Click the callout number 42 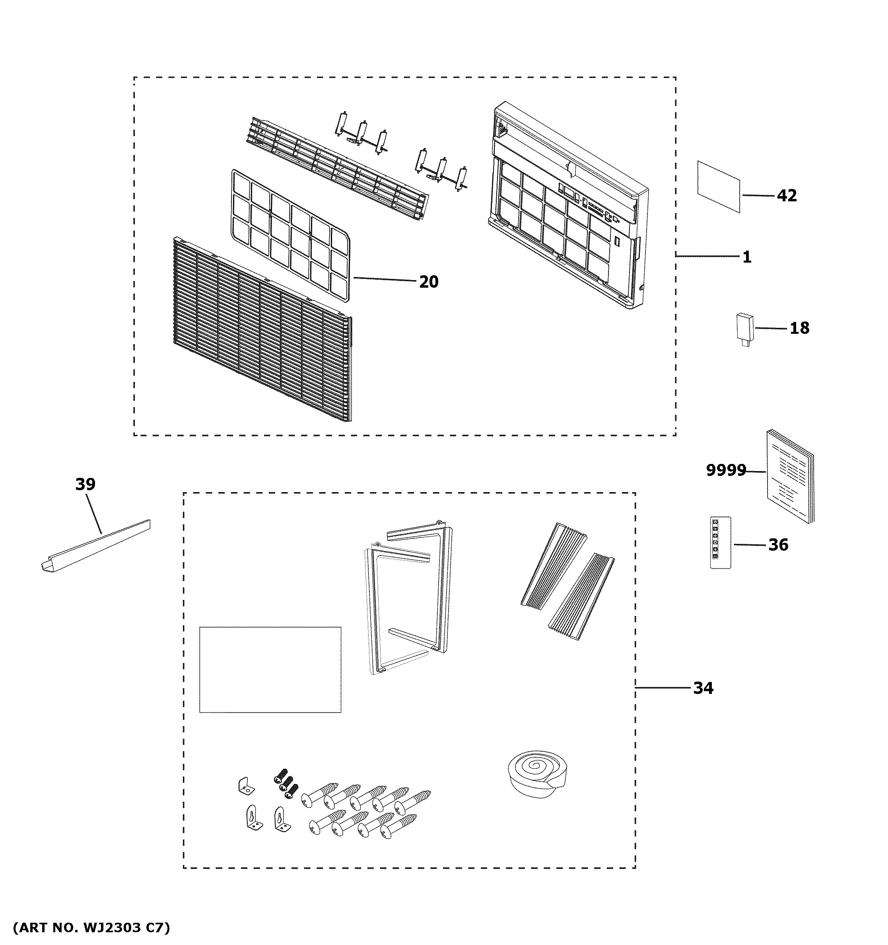tap(787, 195)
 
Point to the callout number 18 tap(799, 328)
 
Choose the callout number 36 tap(778, 545)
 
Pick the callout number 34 tap(703, 688)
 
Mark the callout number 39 tap(85, 484)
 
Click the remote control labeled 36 tap(720, 542)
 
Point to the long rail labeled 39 tap(95, 544)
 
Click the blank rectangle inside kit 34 tap(270, 670)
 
